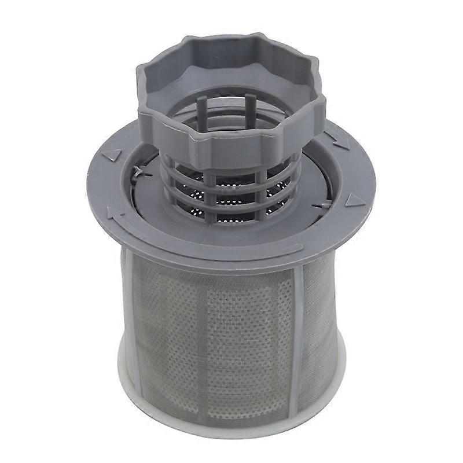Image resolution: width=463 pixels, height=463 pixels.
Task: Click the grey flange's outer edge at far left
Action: pos(88,185)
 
